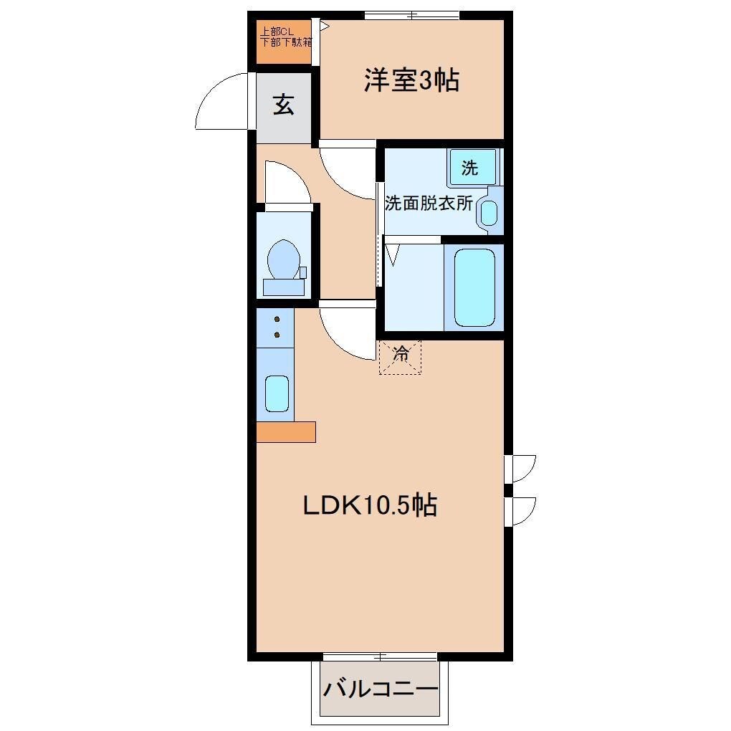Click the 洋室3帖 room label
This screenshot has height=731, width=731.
coord(411,81)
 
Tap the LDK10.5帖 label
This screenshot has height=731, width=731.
coord(370,506)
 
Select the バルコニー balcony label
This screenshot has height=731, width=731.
coord(380,690)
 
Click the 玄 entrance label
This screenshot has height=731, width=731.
coord(284,106)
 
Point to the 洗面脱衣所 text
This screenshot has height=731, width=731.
coord(429,203)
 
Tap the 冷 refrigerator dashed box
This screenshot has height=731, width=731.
coord(400,356)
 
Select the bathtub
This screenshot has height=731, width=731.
coord(474,287)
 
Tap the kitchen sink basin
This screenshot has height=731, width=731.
coord(277,393)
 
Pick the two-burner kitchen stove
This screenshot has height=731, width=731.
coord(275,328)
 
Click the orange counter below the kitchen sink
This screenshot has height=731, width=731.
coord(285,432)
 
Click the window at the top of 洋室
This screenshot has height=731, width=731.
coord(411,15)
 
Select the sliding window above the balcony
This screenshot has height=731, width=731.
coord(380,656)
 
